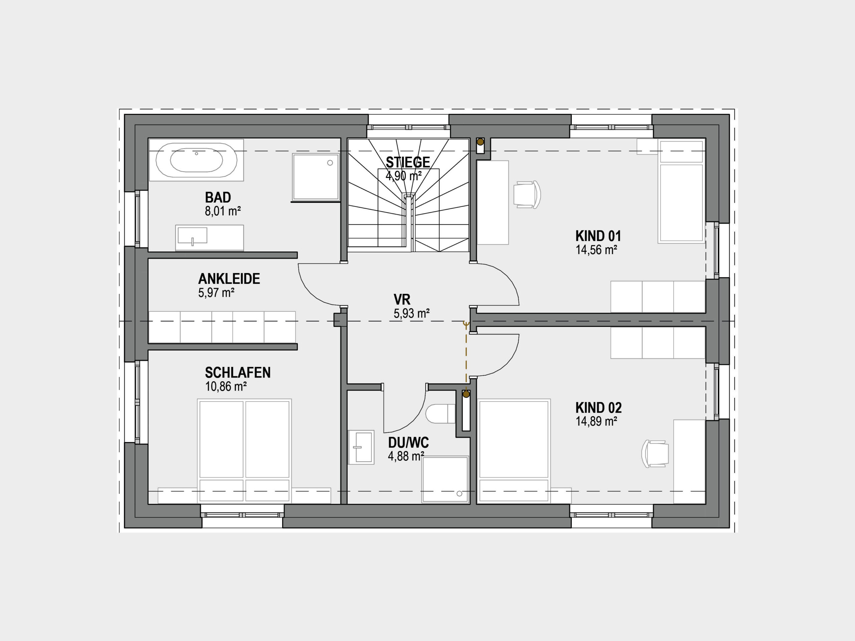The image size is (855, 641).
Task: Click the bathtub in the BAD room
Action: [x=196, y=160]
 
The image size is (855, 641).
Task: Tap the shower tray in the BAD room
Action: [x=316, y=177]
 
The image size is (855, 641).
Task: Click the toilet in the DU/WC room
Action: [x=440, y=413]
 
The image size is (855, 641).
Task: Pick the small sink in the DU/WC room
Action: [x=361, y=447]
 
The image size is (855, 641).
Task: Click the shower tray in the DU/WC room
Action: [x=445, y=479]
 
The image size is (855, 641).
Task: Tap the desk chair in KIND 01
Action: [x=527, y=194]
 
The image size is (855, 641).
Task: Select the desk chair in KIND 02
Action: [x=655, y=454]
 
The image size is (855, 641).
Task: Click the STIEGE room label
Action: [x=408, y=162]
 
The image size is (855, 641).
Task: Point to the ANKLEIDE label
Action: [x=229, y=278]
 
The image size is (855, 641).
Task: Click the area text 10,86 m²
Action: [x=226, y=386]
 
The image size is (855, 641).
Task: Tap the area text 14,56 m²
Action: [x=596, y=250]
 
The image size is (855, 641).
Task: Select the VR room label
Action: [x=402, y=299]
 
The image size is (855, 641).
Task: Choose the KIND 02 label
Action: [x=598, y=408]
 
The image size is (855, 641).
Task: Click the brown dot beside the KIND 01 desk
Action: [x=480, y=142]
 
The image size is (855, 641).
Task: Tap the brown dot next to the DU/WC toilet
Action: [x=466, y=394]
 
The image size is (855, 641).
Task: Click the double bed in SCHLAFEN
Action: [x=244, y=451]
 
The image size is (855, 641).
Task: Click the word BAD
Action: [x=218, y=197]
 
